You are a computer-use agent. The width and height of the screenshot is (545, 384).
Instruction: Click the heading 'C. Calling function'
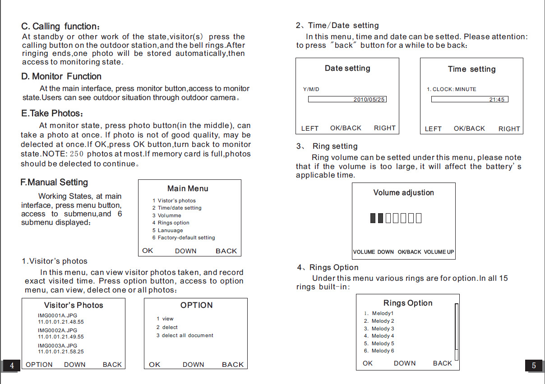60,27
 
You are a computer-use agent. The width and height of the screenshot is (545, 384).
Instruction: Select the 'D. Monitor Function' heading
61,77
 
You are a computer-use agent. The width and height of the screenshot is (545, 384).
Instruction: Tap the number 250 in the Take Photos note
77,154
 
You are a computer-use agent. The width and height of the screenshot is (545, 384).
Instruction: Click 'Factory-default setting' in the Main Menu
186,238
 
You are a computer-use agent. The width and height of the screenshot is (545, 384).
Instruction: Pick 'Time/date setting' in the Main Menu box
180,208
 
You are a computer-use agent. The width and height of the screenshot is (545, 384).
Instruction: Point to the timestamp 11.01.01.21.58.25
61,352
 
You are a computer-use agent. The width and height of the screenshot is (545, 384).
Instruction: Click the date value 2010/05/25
369,100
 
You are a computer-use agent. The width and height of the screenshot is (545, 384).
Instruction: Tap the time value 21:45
497,100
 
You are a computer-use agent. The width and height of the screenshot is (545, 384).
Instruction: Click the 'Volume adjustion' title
403,192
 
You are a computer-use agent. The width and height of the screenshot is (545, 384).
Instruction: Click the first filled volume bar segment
373,218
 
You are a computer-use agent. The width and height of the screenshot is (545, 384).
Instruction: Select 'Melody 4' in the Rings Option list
383,336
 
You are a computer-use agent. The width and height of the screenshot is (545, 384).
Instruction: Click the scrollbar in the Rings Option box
457,332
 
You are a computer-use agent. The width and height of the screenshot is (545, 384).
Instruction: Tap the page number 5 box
534,366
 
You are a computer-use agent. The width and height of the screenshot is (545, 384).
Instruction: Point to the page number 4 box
12,366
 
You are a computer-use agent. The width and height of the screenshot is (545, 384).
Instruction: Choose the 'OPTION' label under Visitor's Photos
39,365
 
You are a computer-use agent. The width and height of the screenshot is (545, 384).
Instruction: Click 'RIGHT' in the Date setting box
384,128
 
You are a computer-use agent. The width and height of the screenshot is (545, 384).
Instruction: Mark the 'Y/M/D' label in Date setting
311,89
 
